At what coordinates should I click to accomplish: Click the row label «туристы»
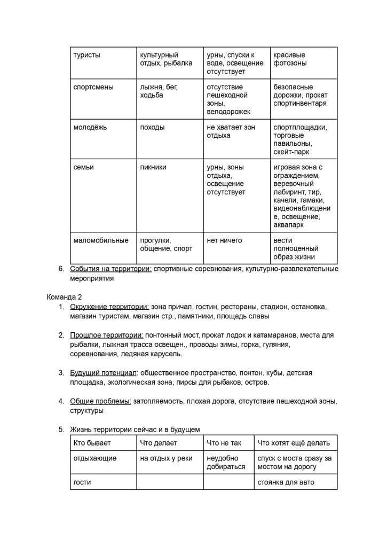click(86, 55)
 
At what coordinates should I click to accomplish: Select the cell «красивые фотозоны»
click(290, 59)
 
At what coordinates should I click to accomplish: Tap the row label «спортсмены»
click(93, 87)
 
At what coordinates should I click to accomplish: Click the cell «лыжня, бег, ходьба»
click(159, 91)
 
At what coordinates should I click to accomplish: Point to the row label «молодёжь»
click(90, 127)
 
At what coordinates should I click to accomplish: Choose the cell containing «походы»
click(152, 127)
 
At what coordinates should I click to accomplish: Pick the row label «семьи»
click(83, 167)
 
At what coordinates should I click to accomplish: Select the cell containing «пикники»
click(153, 167)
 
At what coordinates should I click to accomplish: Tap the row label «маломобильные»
click(101, 240)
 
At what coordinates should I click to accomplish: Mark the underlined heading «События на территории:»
click(111, 269)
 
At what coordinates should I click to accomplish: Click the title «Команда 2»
click(64, 296)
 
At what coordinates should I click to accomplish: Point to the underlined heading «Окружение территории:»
click(109, 307)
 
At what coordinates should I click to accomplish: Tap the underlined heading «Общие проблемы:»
click(100, 401)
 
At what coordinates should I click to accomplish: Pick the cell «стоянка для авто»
click(286, 482)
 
